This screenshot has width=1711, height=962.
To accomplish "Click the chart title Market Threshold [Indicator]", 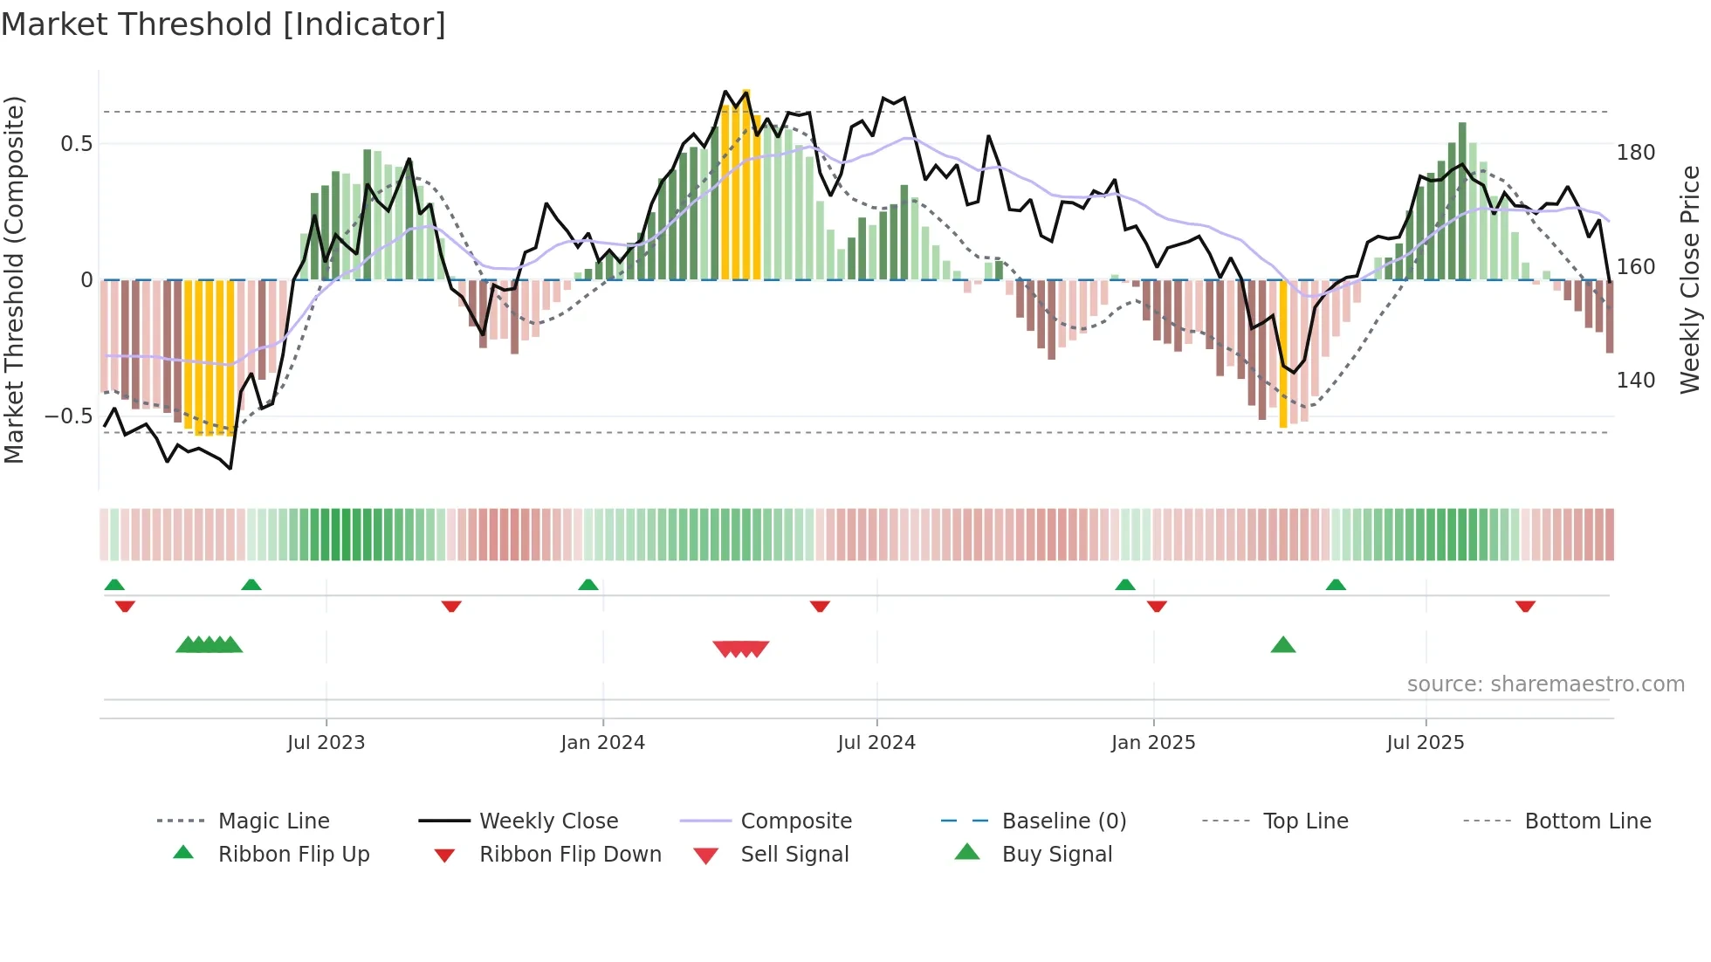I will click(223, 24).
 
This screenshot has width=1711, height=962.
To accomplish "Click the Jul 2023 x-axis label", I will click(326, 743).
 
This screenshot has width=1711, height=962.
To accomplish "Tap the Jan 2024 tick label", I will click(602, 743).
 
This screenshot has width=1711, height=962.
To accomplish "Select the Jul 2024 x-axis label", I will click(876, 743).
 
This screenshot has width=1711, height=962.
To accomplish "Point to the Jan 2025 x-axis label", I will click(1153, 743).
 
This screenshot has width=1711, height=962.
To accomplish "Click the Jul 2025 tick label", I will click(1425, 743).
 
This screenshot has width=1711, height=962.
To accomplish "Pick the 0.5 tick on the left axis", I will click(76, 144).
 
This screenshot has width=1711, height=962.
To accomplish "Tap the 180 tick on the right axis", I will click(1635, 153).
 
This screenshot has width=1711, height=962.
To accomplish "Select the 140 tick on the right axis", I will click(1635, 381).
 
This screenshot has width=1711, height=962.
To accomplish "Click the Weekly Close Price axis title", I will click(1690, 279).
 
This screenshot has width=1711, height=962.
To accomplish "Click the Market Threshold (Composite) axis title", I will click(14, 279).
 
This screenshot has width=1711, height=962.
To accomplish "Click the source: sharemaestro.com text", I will click(1545, 684).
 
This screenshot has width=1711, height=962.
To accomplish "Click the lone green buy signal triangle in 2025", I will click(1282, 646).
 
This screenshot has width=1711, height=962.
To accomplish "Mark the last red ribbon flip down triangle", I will click(1525, 606).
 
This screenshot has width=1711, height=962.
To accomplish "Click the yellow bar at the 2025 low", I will click(1282, 354).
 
